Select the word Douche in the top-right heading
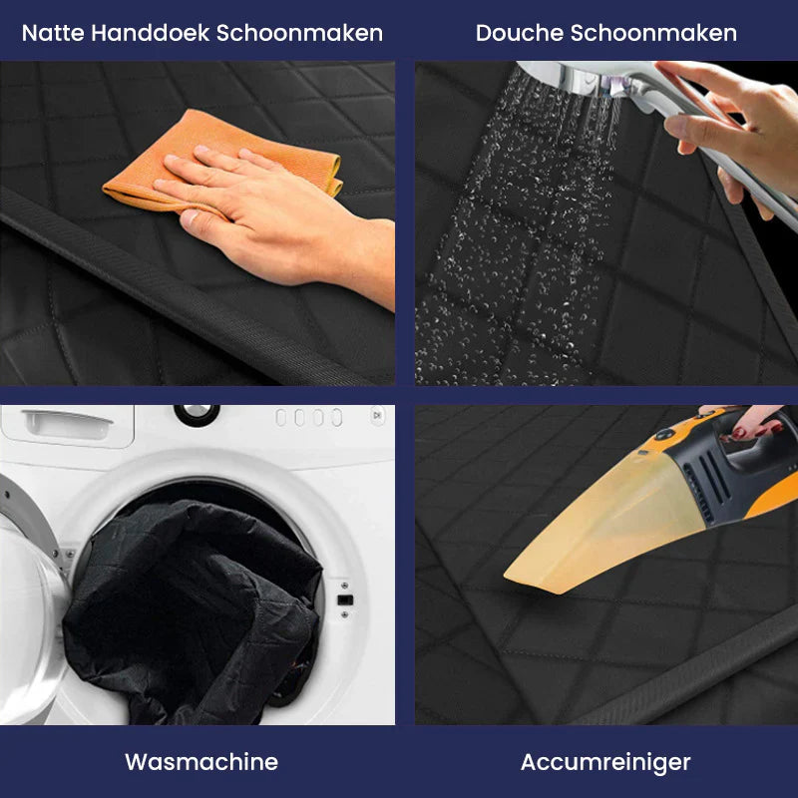click(519, 33)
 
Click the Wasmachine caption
click(201, 762)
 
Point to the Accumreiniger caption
click(605, 762)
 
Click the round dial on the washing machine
click(197, 413)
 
